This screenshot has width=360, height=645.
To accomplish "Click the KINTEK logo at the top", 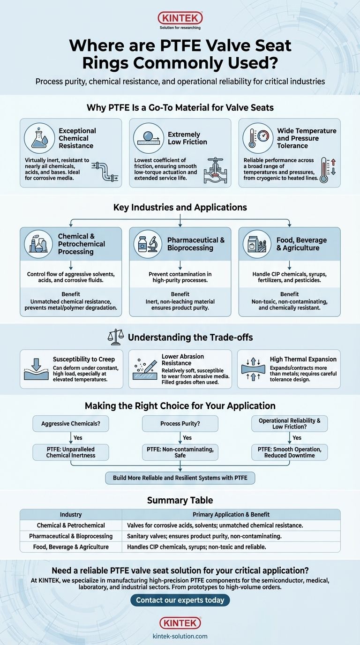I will click(180, 18).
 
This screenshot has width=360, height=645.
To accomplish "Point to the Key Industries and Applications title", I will click(180, 207).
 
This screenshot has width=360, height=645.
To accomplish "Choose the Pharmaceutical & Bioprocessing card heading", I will click(196, 244).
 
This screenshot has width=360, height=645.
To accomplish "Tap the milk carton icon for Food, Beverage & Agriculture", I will click(257, 244).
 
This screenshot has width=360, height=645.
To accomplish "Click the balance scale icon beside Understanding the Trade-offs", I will click(115, 337).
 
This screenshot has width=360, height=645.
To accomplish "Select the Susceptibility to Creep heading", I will click(83, 359).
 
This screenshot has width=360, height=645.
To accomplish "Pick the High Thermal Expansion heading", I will click(303, 359).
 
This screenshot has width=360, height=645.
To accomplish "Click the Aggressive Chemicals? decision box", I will click(70, 424).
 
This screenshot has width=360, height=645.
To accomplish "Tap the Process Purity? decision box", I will click(180, 424).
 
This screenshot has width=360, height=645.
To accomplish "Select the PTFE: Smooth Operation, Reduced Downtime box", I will click(289, 452).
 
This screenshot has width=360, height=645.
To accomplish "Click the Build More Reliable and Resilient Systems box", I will click(180, 478).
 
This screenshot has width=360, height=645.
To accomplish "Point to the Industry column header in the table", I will click(71, 514).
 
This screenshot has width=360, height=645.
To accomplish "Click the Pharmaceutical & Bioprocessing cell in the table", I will click(71, 536).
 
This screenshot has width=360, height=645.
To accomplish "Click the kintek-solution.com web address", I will click(180, 636).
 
